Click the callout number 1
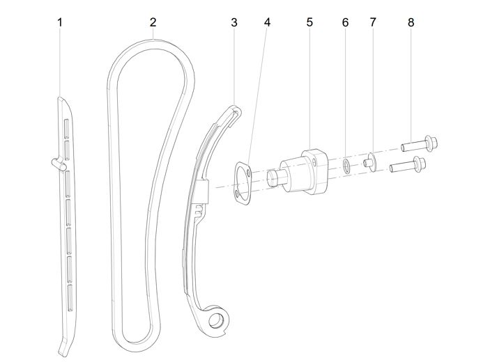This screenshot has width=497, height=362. coord(60,22)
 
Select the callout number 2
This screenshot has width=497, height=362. coord(153,22)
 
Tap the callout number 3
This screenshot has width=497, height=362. coord(234,22)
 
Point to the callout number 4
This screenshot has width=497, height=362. coord(267,22)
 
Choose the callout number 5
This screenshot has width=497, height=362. coord(309,22)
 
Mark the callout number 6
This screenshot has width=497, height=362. coord(345,22)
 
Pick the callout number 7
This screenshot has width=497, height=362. coord(373,22)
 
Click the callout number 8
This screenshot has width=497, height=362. coord(411,22)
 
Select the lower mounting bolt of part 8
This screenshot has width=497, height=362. coord(408,166)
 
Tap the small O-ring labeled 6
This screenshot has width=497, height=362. coord(346,164)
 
